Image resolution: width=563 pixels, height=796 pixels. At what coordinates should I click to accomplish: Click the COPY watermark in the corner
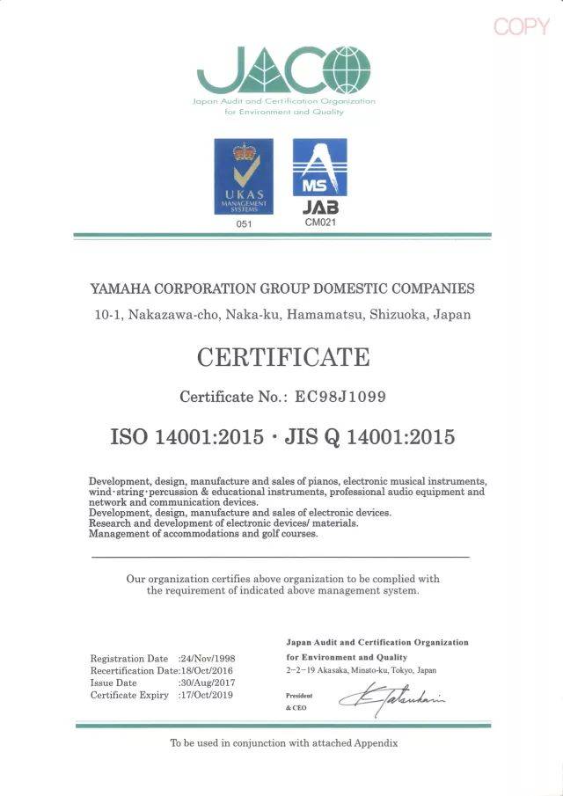tap(522, 26)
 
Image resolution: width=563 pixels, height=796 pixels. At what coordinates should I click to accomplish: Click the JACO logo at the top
tap(283, 71)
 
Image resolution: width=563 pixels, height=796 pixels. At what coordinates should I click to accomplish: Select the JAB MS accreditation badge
tap(319, 177)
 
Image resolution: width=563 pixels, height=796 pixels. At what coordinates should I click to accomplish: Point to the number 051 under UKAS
tap(244, 224)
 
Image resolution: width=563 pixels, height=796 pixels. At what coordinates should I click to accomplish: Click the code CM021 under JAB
tap(319, 223)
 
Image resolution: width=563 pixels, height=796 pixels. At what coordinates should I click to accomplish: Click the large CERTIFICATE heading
tap(282, 358)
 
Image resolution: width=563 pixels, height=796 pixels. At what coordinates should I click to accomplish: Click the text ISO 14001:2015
tap(186, 436)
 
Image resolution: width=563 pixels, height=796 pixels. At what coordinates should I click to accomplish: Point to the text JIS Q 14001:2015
tap(370, 436)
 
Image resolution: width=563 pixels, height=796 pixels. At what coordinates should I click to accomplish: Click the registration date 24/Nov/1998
tap(208, 659)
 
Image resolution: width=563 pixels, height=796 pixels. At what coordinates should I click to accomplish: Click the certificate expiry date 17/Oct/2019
tap(207, 696)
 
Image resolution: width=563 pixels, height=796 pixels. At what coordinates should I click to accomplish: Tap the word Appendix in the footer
tap(377, 743)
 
